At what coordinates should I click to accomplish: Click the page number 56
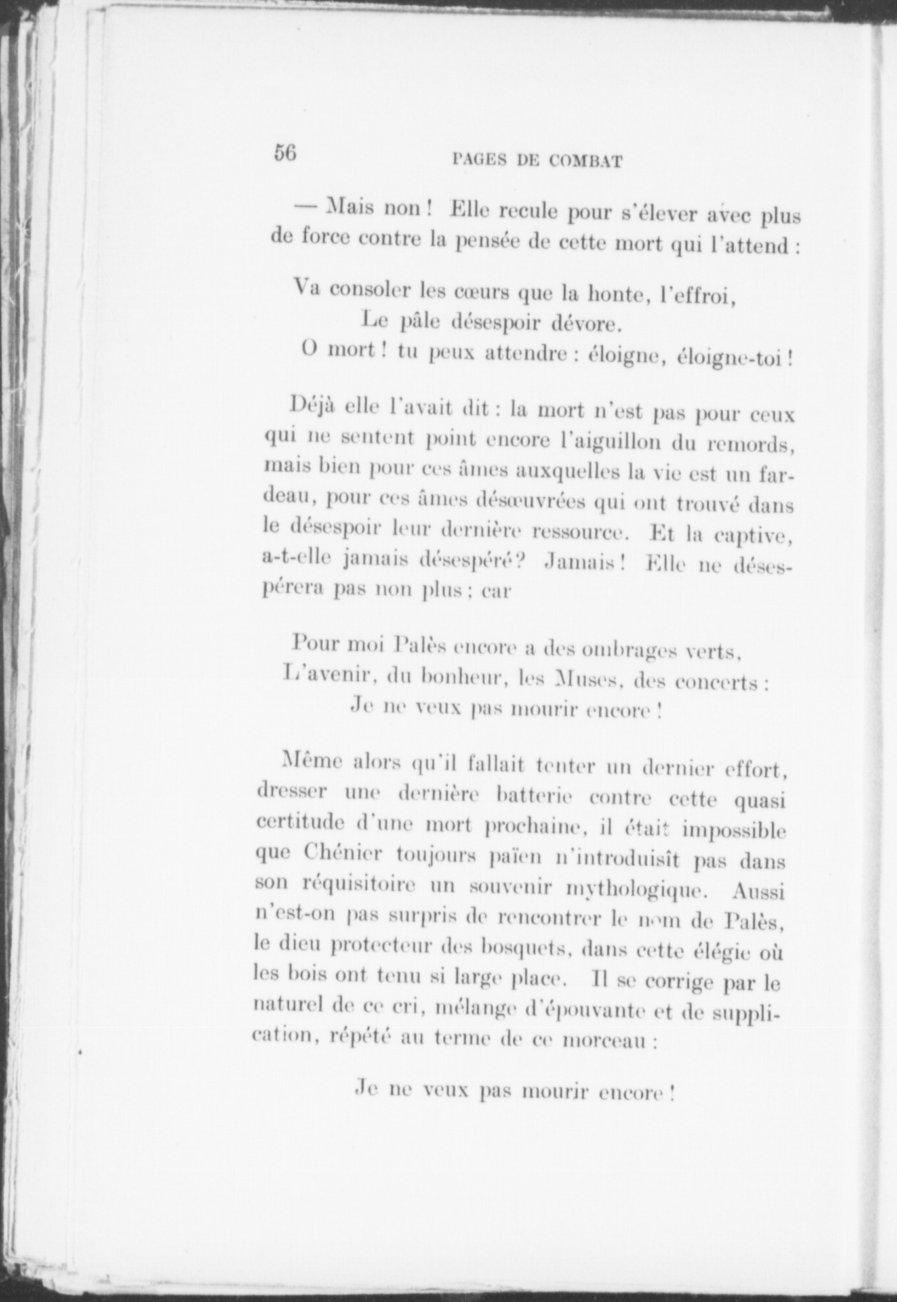pos(286,152)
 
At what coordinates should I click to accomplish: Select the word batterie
pos(536,797)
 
